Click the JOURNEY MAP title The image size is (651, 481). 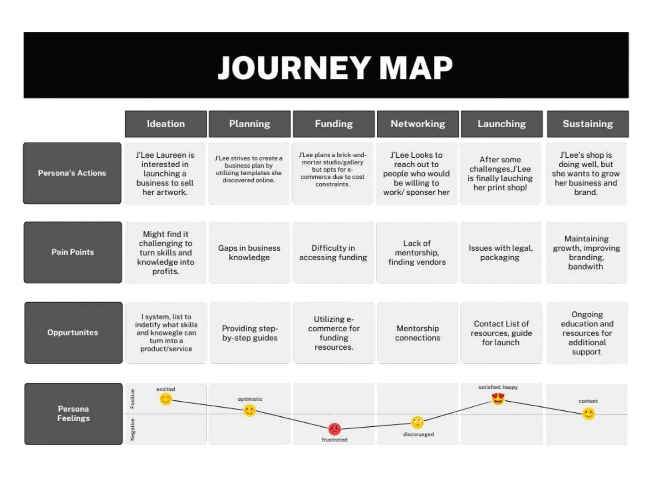335,67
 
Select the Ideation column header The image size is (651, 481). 166,124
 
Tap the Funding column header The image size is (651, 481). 333,124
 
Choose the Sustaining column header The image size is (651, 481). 588,124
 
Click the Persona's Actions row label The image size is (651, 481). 72,173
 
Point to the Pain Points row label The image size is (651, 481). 73,252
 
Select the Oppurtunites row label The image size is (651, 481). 73,332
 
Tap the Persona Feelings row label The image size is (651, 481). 73,414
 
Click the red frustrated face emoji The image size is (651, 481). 334,429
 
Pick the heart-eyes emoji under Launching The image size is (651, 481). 498,399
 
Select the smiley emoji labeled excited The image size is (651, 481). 166,399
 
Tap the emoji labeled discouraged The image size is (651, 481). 417,422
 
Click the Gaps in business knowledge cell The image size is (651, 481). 249,253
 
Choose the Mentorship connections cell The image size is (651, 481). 417,333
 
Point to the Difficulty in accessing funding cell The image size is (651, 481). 333,253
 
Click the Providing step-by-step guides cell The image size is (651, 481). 250,333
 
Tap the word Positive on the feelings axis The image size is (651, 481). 132,398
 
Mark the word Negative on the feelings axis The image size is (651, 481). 132,429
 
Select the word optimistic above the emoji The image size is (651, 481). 250,399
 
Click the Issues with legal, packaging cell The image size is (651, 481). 500,253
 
